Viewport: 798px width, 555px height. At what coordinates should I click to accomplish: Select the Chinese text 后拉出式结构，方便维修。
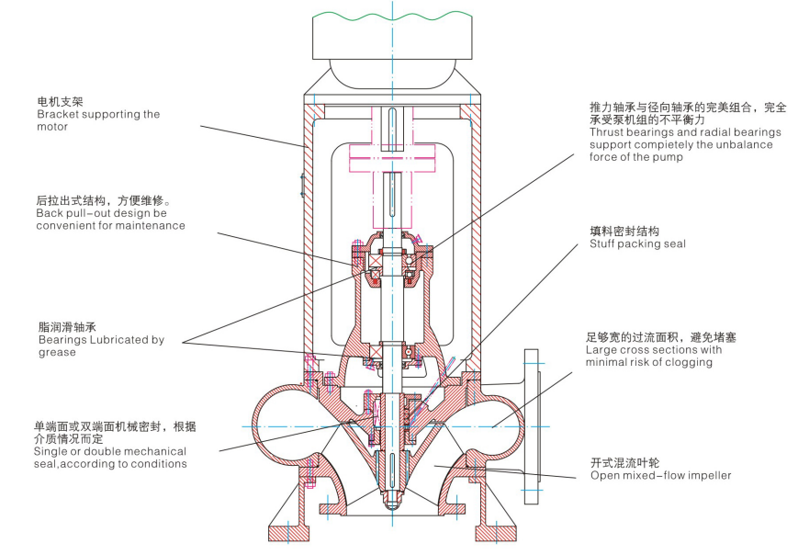point(104,199)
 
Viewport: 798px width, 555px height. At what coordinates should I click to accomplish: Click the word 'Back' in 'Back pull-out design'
point(51,212)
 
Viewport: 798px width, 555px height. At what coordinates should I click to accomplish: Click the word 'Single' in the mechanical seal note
point(51,451)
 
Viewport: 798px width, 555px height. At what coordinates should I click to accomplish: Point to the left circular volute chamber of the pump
point(284,426)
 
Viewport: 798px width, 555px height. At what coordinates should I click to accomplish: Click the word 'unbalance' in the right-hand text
point(750,144)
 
